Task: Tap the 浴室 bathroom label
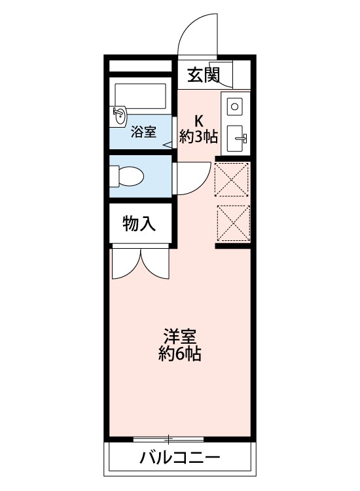click(143, 131)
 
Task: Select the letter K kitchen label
click(198, 120)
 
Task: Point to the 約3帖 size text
click(199, 137)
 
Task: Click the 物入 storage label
click(139, 225)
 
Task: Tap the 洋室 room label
click(179, 337)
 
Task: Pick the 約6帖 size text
click(179, 355)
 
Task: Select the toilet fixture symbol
click(127, 176)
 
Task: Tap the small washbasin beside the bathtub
click(120, 117)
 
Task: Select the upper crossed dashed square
click(232, 179)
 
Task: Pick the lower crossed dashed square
click(232, 223)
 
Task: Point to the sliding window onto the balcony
click(169, 439)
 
